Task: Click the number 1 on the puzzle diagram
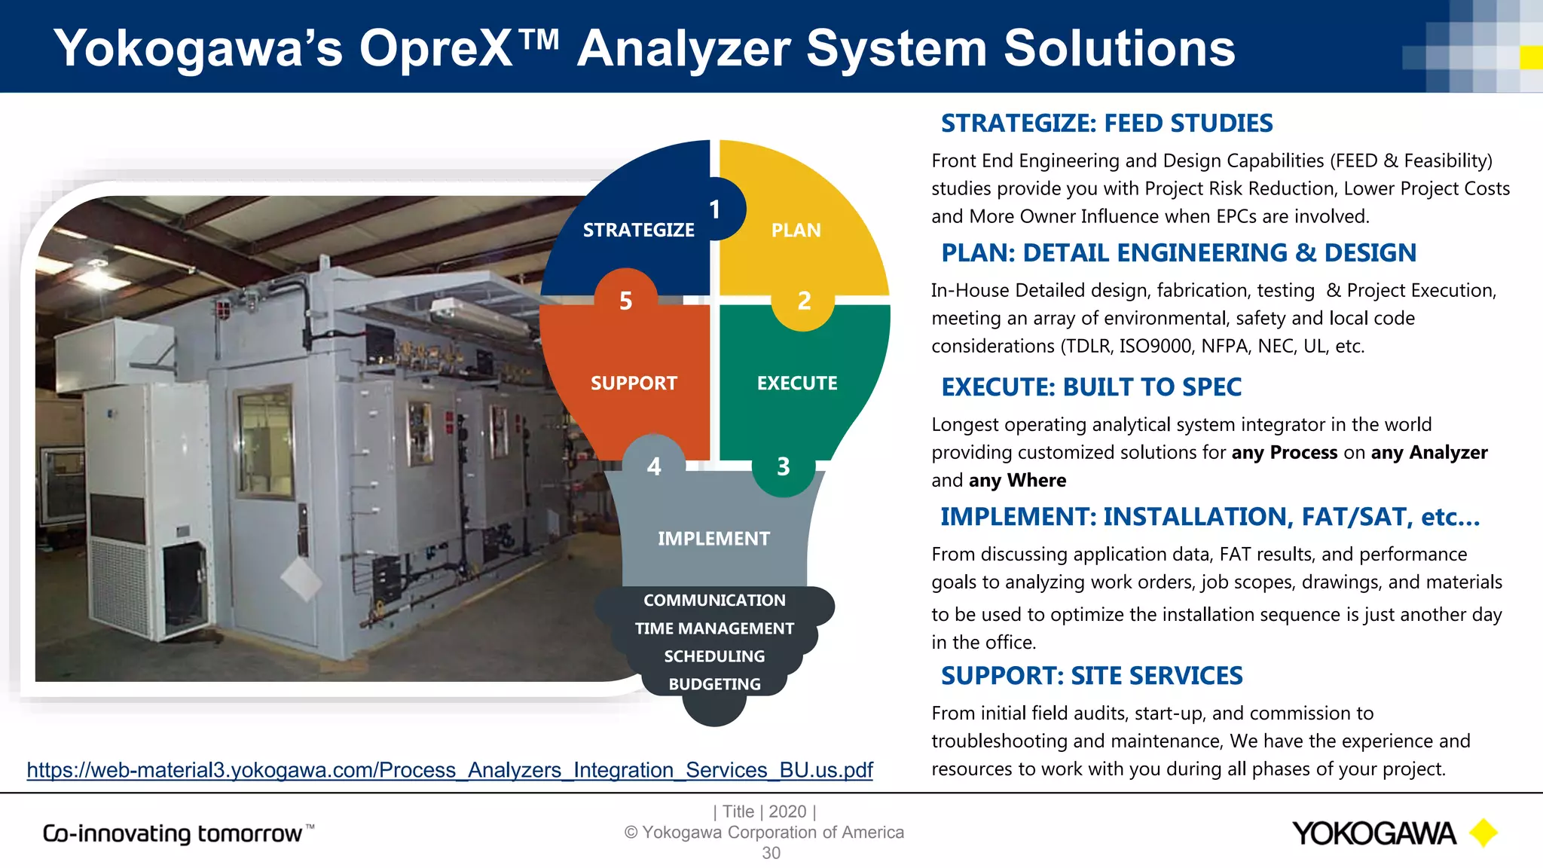[714, 209]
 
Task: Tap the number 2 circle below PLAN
[804, 301]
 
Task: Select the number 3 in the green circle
[784, 466]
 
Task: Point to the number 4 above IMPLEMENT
[654, 466]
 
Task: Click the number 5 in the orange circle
[625, 301]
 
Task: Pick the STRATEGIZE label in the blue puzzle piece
[638, 230]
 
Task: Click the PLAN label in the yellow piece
[796, 230]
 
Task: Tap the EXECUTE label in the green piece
[797, 383]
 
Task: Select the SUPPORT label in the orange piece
[634, 383]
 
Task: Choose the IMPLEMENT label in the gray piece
[713, 538]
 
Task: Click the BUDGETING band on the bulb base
[714, 684]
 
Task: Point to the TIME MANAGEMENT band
[714, 628]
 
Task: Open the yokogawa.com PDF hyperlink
[450, 770]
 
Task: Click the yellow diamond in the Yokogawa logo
[1483, 833]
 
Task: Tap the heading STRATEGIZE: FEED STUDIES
[1107, 123]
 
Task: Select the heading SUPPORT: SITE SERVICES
[1092, 675]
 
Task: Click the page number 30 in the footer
[771, 853]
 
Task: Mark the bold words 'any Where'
[1017, 480]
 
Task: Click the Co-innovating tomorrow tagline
[178, 833]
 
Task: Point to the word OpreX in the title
[437, 48]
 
